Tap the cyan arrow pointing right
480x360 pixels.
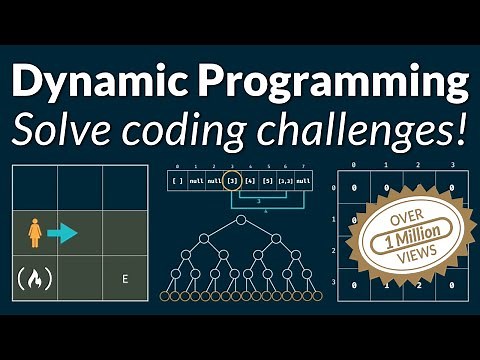pyautogui.click(x=62, y=233)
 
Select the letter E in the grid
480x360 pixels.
pyautogui.click(x=124, y=279)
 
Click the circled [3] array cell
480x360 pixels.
pyautogui.click(x=233, y=180)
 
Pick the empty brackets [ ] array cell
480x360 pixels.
pyautogui.click(x=178, y=180)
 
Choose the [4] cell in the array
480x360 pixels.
pyautogui.click(x=251, y=180)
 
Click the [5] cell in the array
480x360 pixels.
pyautogui.click(x=269, y=180)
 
